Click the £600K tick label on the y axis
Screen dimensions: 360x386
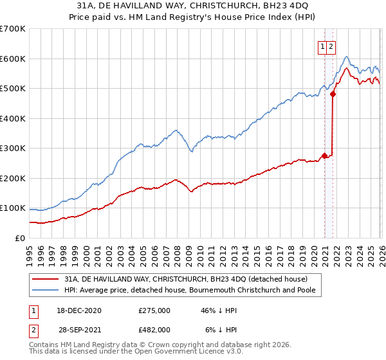tap(12, 59)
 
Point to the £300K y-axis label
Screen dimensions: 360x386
tap(12, 148)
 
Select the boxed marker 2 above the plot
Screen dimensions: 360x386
tap(331, 46)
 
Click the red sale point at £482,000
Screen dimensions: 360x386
tap(333, 94)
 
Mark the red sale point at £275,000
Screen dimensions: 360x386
tap(325, 156)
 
